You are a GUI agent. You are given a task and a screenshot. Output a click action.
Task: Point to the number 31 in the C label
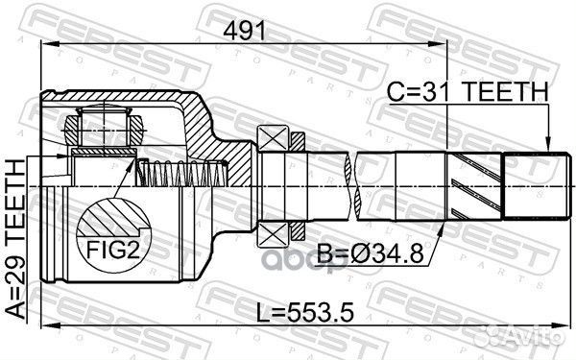pyautogui.click(x=427, y=92)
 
